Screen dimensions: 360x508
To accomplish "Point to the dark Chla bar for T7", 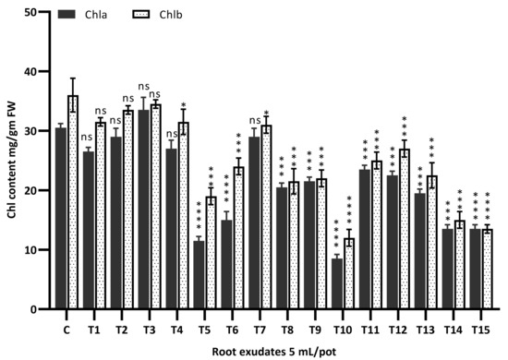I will click(254, 222).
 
